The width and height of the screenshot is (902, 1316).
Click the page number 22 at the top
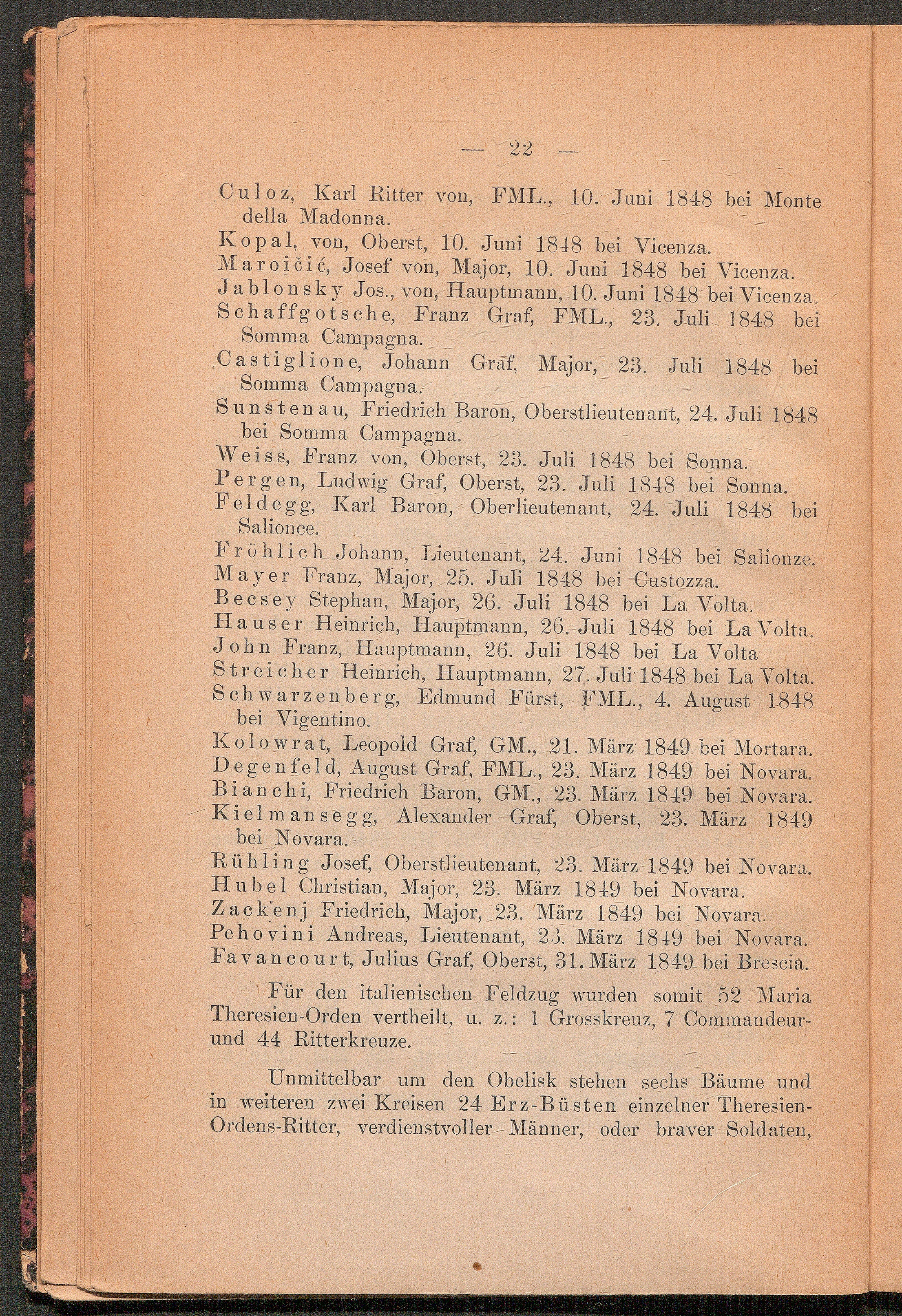(520, 150)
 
